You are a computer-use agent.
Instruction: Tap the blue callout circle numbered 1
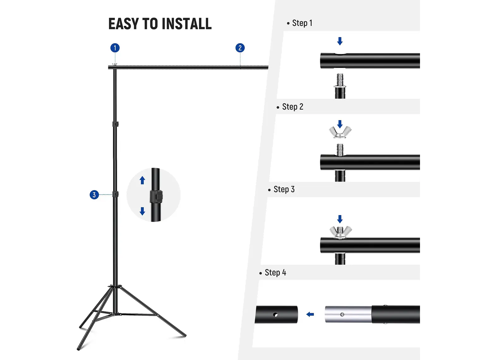[115, 48]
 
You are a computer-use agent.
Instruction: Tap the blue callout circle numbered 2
[240, 48]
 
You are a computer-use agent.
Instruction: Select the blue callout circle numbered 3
[94, 195]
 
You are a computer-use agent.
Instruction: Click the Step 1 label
[302, 23]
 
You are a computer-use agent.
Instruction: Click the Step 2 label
[292, 107]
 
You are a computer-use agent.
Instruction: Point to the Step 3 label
[284, 189]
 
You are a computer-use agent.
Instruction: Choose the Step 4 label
[275, 273]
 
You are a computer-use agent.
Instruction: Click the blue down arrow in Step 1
[340, 41]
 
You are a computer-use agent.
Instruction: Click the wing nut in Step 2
[340, 132]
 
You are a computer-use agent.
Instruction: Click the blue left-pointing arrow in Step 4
[310, 314]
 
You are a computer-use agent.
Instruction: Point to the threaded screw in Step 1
[340, 81]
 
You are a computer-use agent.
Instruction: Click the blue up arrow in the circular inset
[142, 180]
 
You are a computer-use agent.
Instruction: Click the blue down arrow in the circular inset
[142, 211]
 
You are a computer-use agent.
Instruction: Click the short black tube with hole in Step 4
[277, 315]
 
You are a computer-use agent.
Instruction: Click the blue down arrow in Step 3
[340, 219]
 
